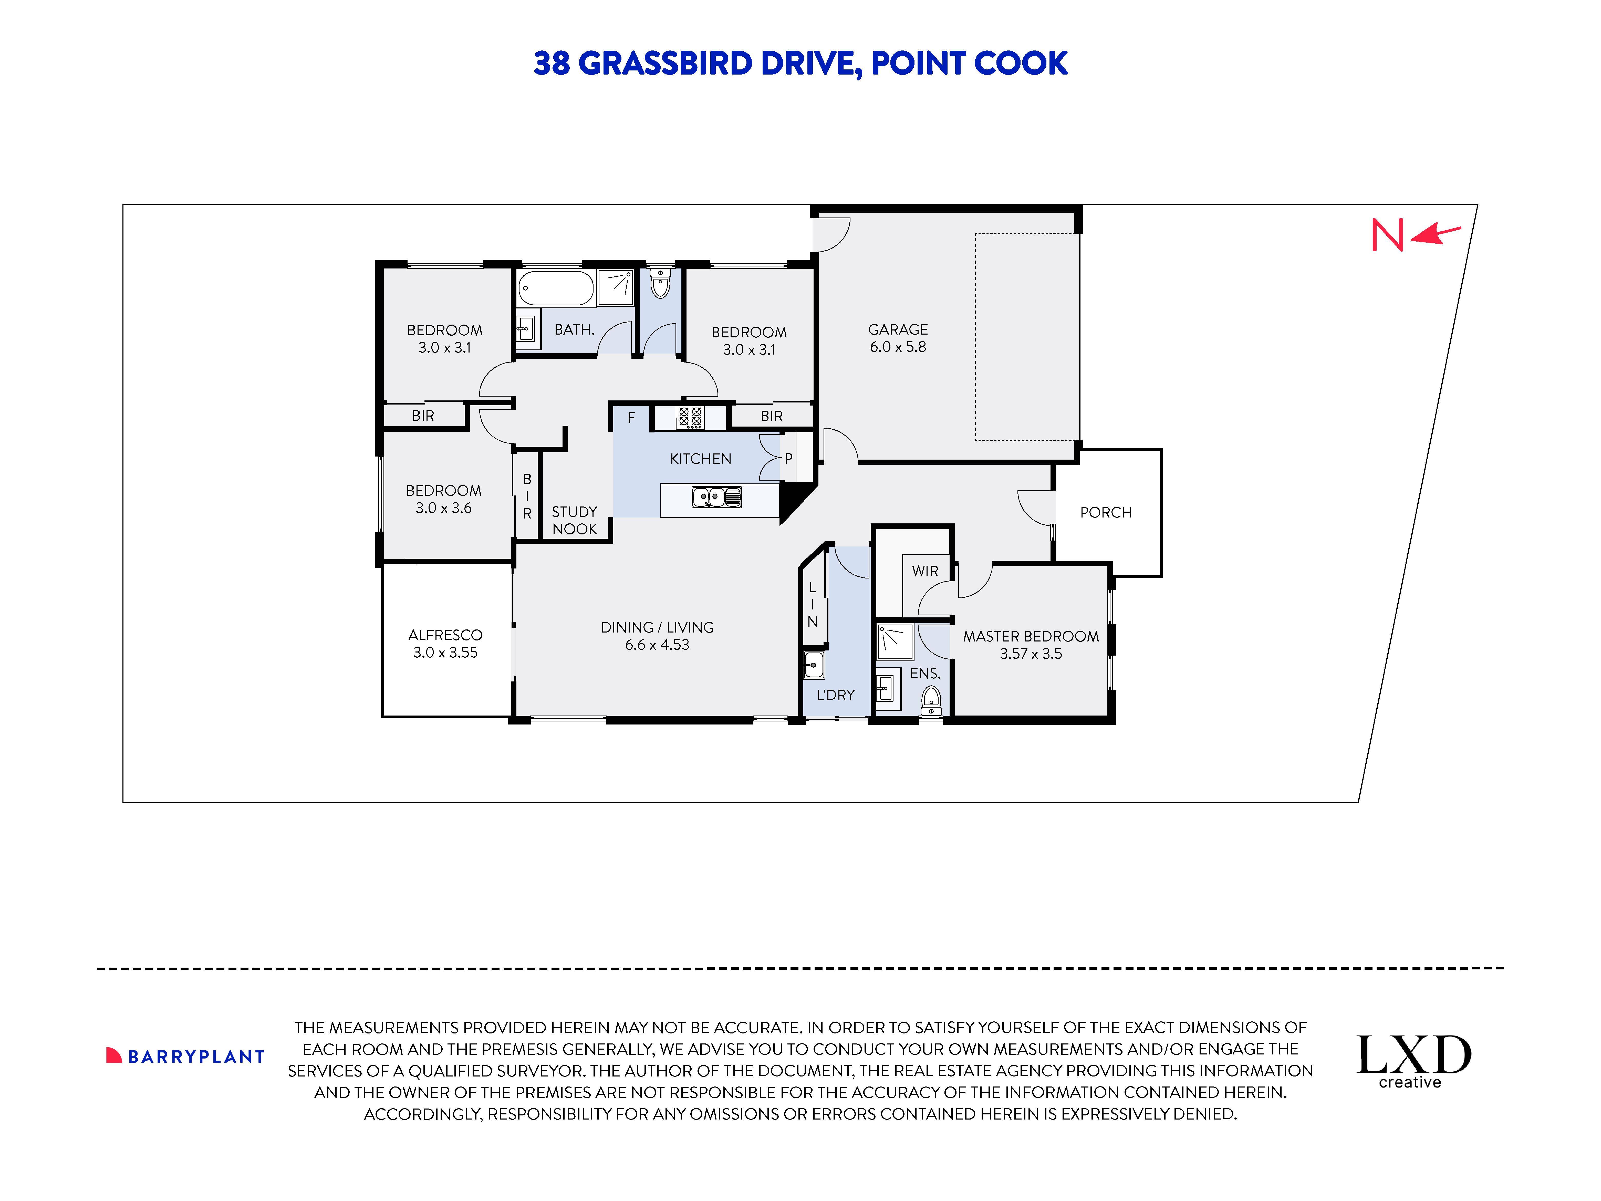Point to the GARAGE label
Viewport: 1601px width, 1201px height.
(898, 329)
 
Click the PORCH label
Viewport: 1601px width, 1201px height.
(1105, 513)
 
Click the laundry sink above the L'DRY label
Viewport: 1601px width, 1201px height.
(814, 664)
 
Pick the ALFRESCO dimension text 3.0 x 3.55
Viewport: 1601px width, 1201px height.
(445, 652)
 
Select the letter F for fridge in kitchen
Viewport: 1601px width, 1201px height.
(631, 418)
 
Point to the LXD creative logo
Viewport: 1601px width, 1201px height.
(1413, 1061)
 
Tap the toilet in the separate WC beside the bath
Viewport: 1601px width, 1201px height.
(659, 284)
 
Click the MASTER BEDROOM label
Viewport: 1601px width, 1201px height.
(1030, 636)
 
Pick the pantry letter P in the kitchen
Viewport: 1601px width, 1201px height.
(788, 458)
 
